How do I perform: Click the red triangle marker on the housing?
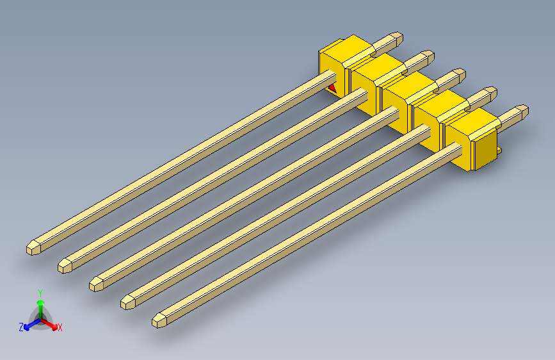coord(332,88)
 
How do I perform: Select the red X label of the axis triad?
coord(60,328)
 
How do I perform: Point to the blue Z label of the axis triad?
coord(21,327)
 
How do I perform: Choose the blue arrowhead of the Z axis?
coord(28,325)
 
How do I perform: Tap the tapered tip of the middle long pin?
coord(97,282)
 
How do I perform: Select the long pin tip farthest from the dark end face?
coord(32,247)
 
